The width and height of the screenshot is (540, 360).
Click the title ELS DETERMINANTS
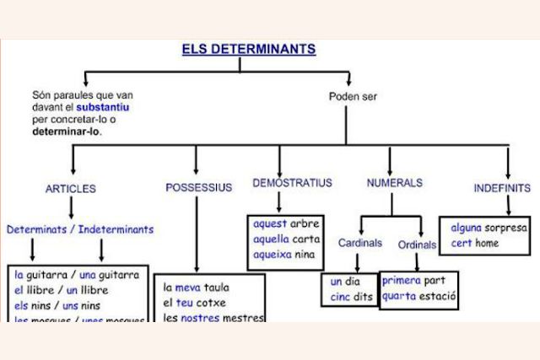[249, 49]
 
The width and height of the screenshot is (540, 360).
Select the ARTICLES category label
[71, 189]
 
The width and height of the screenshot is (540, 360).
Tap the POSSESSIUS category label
[198, 187]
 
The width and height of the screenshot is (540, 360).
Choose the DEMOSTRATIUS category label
[292, 183]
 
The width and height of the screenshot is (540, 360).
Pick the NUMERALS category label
[395, 183]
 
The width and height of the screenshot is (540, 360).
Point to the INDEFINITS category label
[502, 188]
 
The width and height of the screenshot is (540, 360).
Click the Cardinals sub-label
[360, 243]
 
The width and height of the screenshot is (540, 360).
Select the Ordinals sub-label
[417, 244]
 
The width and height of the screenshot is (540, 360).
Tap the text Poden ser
[353, 97]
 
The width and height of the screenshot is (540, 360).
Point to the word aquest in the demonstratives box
[270, 224]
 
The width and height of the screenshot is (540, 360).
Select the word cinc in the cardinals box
[340, 296]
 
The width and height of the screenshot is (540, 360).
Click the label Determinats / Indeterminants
[80, 228]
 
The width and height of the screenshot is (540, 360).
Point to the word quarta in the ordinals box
[402, 296]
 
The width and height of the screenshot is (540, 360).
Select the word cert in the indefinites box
[461, 244]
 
